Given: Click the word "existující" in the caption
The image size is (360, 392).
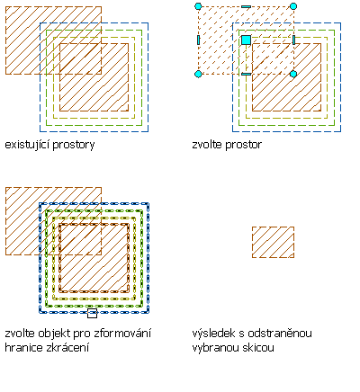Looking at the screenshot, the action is point(28,145).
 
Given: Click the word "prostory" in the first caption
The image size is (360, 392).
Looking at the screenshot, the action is point(74,146).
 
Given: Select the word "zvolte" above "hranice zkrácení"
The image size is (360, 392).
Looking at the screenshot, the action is point(19,334).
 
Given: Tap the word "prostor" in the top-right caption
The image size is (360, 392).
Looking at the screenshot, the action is point(243,146).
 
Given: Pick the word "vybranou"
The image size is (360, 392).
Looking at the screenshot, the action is point(213,348).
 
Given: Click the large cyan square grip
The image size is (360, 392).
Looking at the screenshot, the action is point(246,40).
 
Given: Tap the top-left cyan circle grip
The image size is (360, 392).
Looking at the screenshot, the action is point(198,6).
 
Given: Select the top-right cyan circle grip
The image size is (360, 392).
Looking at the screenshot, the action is point(293,6).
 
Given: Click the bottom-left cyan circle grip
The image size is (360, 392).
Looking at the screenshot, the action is point(198,74).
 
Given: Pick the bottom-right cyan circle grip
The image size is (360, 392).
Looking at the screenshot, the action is point(293,74).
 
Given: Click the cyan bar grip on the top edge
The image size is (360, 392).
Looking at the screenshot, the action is point(246,6).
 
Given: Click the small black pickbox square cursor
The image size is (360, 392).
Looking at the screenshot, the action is point(92,314).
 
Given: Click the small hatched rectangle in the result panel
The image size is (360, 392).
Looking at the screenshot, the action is point(273,242).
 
